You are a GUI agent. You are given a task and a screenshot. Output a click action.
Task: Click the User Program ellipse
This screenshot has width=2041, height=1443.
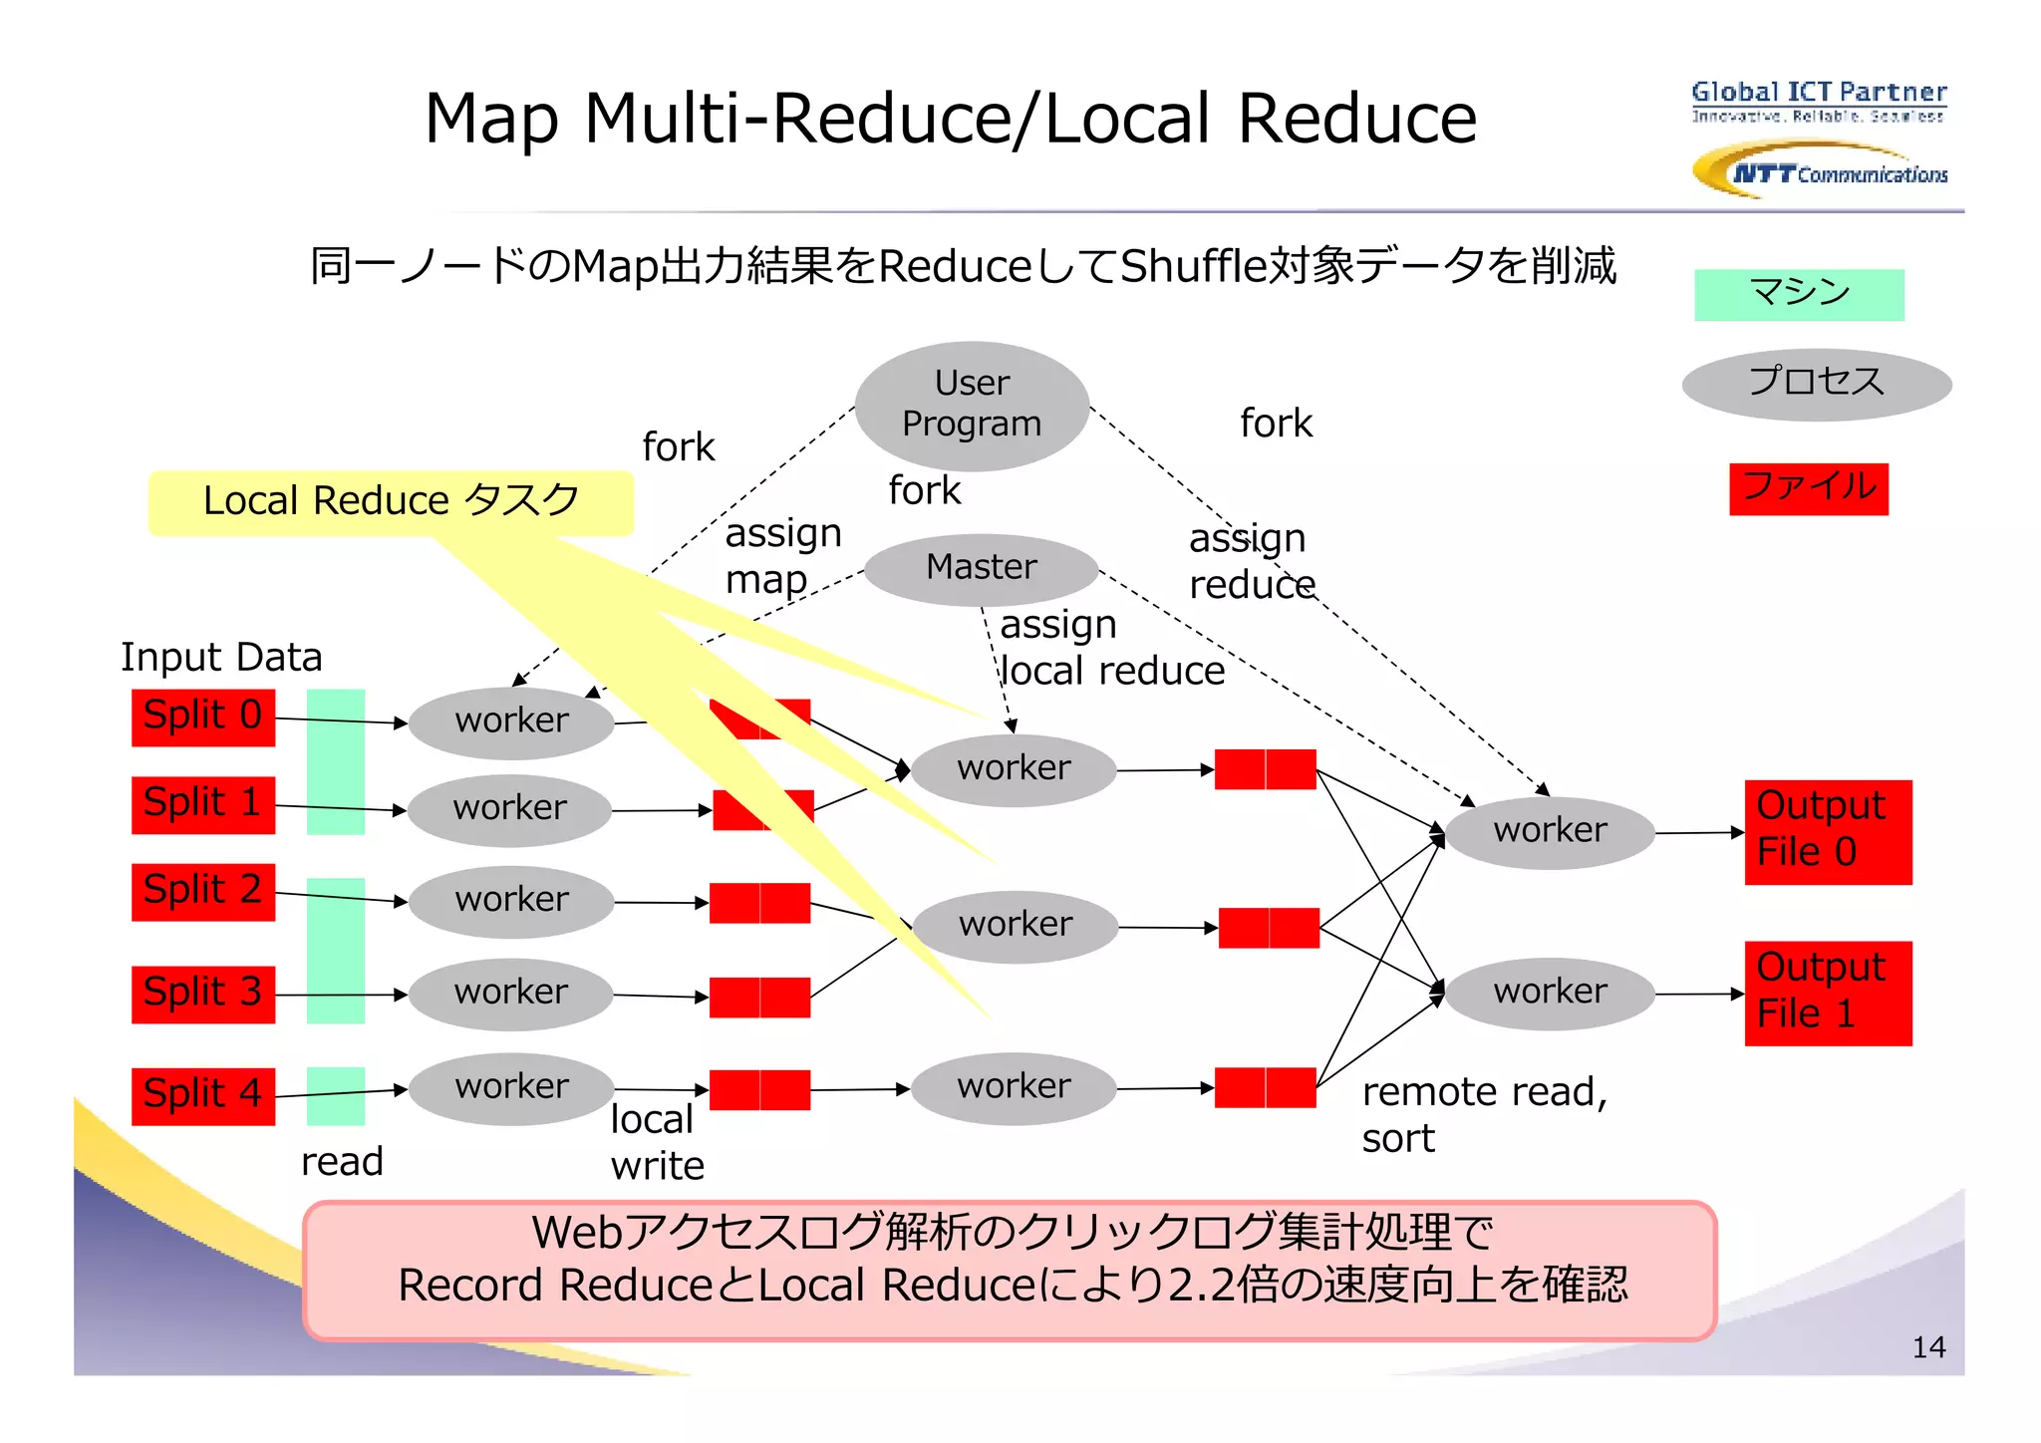pyautogui.click(x=972, y=406)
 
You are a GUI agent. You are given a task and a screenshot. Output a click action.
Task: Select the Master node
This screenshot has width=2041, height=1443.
pyautogui.click(x=981, y=568)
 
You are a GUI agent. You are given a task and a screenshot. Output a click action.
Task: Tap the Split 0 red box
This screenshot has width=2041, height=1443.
pyautogui.click(x=203, y=717)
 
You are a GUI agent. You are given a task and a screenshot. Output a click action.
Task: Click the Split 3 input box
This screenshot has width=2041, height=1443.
pyautogui.click(x=203, y=994)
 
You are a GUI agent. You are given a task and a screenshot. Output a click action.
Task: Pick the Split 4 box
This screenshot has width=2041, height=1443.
pyautogui.click(x=203, y=1095)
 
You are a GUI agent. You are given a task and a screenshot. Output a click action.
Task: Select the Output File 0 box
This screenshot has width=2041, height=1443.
pyautogui.click(x=1827, y=831)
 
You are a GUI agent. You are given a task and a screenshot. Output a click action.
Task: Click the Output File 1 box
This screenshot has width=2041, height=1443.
pyautogui.click(x=1827, y=993)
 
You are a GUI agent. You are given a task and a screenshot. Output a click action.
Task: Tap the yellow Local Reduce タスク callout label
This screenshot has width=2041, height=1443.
pyautogui.click(x=391, y=501)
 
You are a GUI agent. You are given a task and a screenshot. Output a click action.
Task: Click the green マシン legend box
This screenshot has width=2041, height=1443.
pyautogui.click(x=1799, y=294)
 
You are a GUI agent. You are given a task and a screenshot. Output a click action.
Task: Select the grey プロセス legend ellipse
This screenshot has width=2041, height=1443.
pyautogui.click(x=1816, y=384)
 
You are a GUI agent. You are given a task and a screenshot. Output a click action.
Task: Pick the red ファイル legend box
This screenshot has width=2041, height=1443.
pyautogui.click(x=1808, y=488)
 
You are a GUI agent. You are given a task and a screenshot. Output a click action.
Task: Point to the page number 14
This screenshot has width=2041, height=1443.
pyautogui.click(x=1928, y=1347)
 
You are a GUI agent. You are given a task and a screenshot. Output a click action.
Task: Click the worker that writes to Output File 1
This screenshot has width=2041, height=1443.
pyautogui.click(x=1550, y=993)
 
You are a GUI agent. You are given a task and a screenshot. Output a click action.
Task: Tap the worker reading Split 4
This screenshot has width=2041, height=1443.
pyautogui.click(x=511, y=1087)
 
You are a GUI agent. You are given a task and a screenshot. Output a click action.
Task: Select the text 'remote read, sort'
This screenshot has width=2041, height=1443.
pyautogui.click(x=1483, y=1114)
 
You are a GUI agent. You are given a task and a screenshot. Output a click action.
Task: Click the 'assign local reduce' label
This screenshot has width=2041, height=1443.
pyautogui.click(x=1111, y=648)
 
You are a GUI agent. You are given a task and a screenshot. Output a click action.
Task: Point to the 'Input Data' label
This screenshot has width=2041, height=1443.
pyautogui.click(x=221, y=658)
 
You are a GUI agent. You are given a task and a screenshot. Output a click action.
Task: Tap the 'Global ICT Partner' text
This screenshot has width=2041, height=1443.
pyautogui.click(x=1818, y=93)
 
